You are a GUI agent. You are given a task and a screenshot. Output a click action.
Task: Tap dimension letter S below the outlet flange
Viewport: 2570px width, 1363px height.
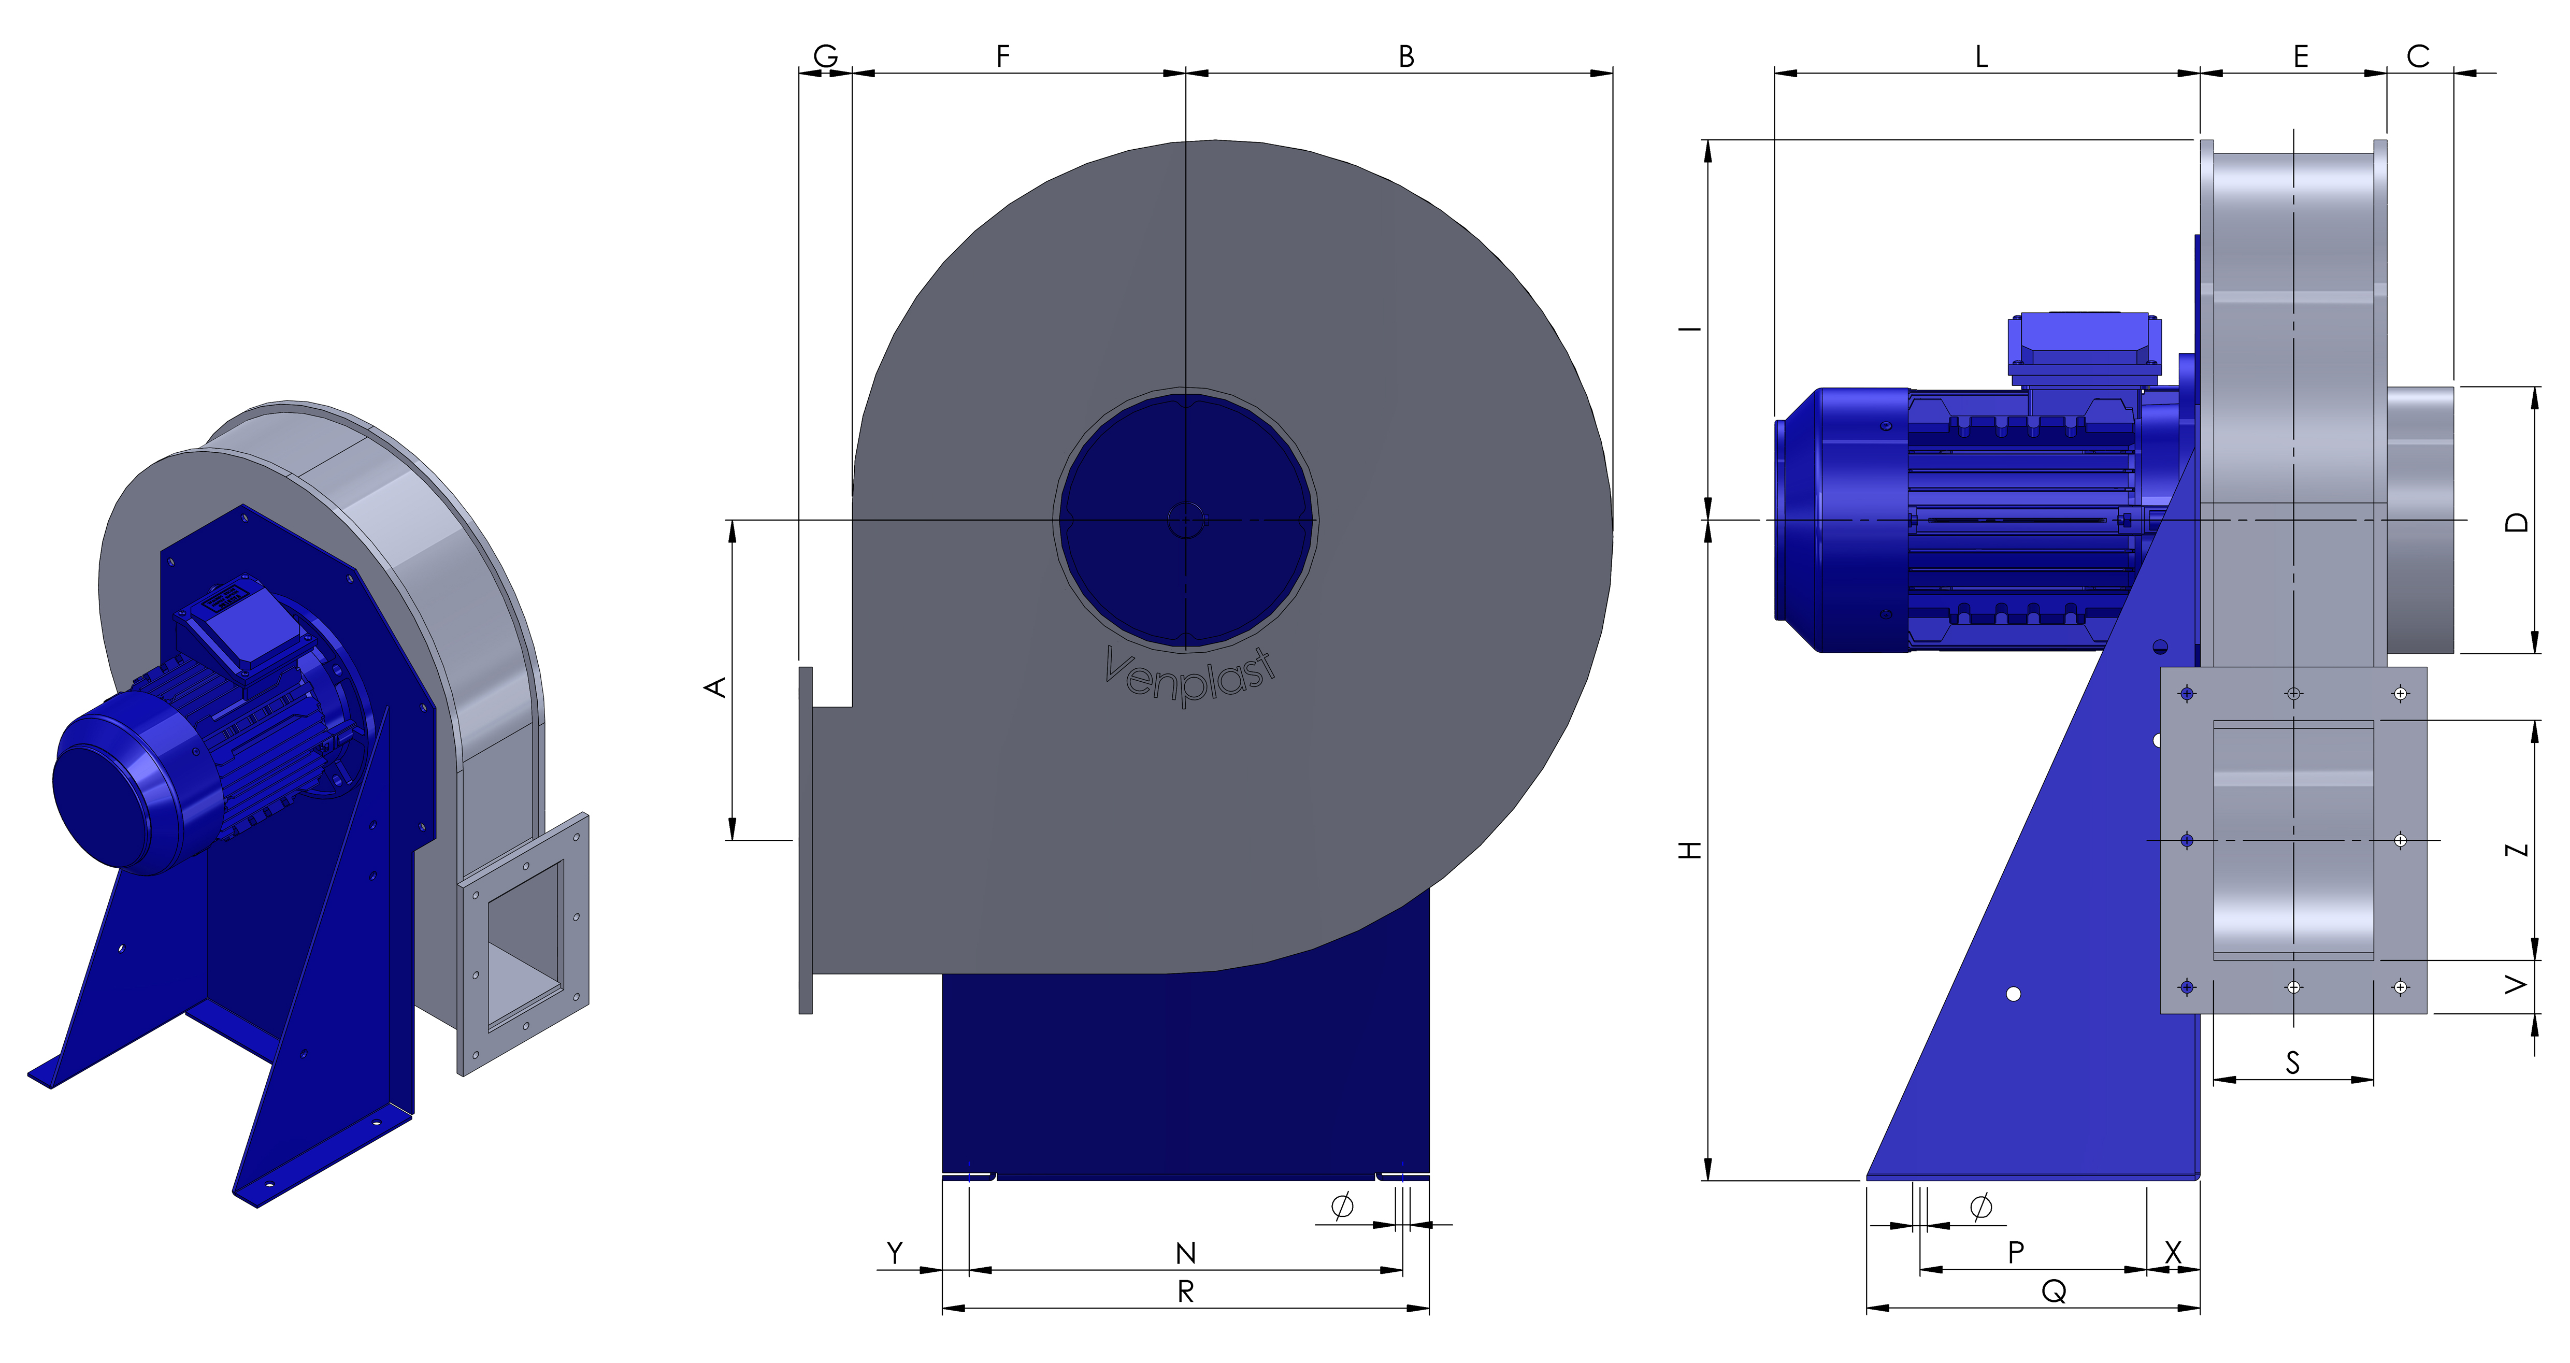(x=2293, y=1063)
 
